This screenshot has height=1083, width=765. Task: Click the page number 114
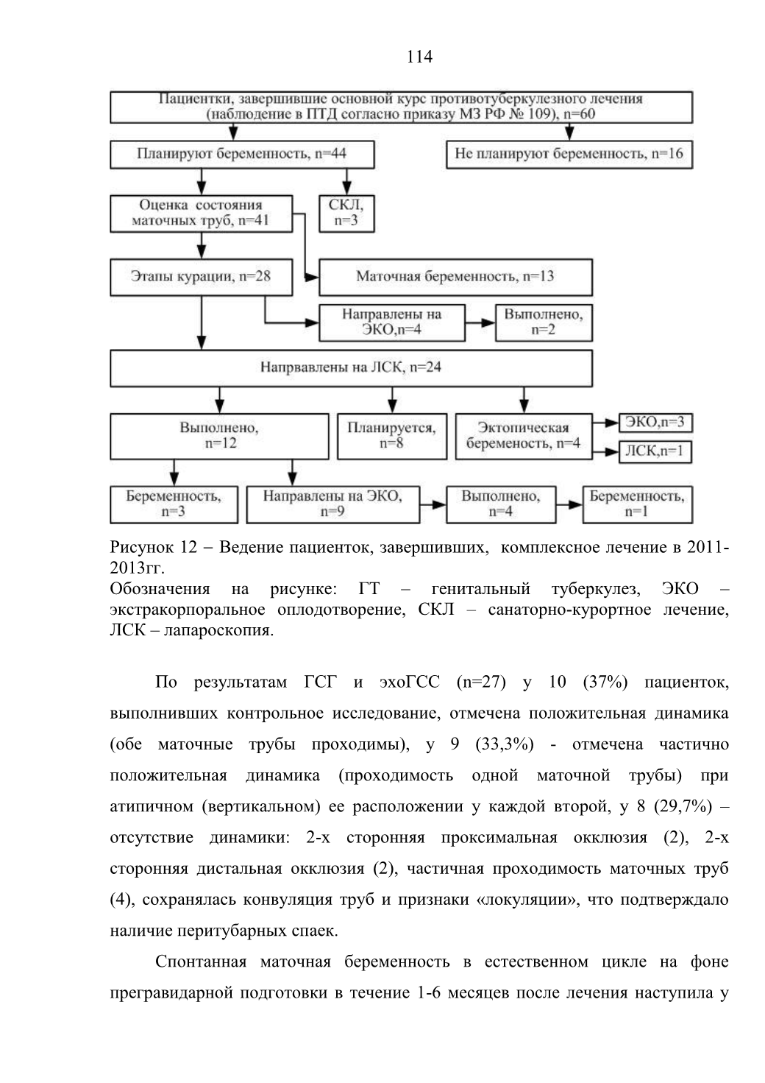(x=419, y=57)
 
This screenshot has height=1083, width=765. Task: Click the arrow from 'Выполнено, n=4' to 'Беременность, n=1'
(x=569, y=505)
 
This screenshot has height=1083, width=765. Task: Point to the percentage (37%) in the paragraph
(x=605, y=682)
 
